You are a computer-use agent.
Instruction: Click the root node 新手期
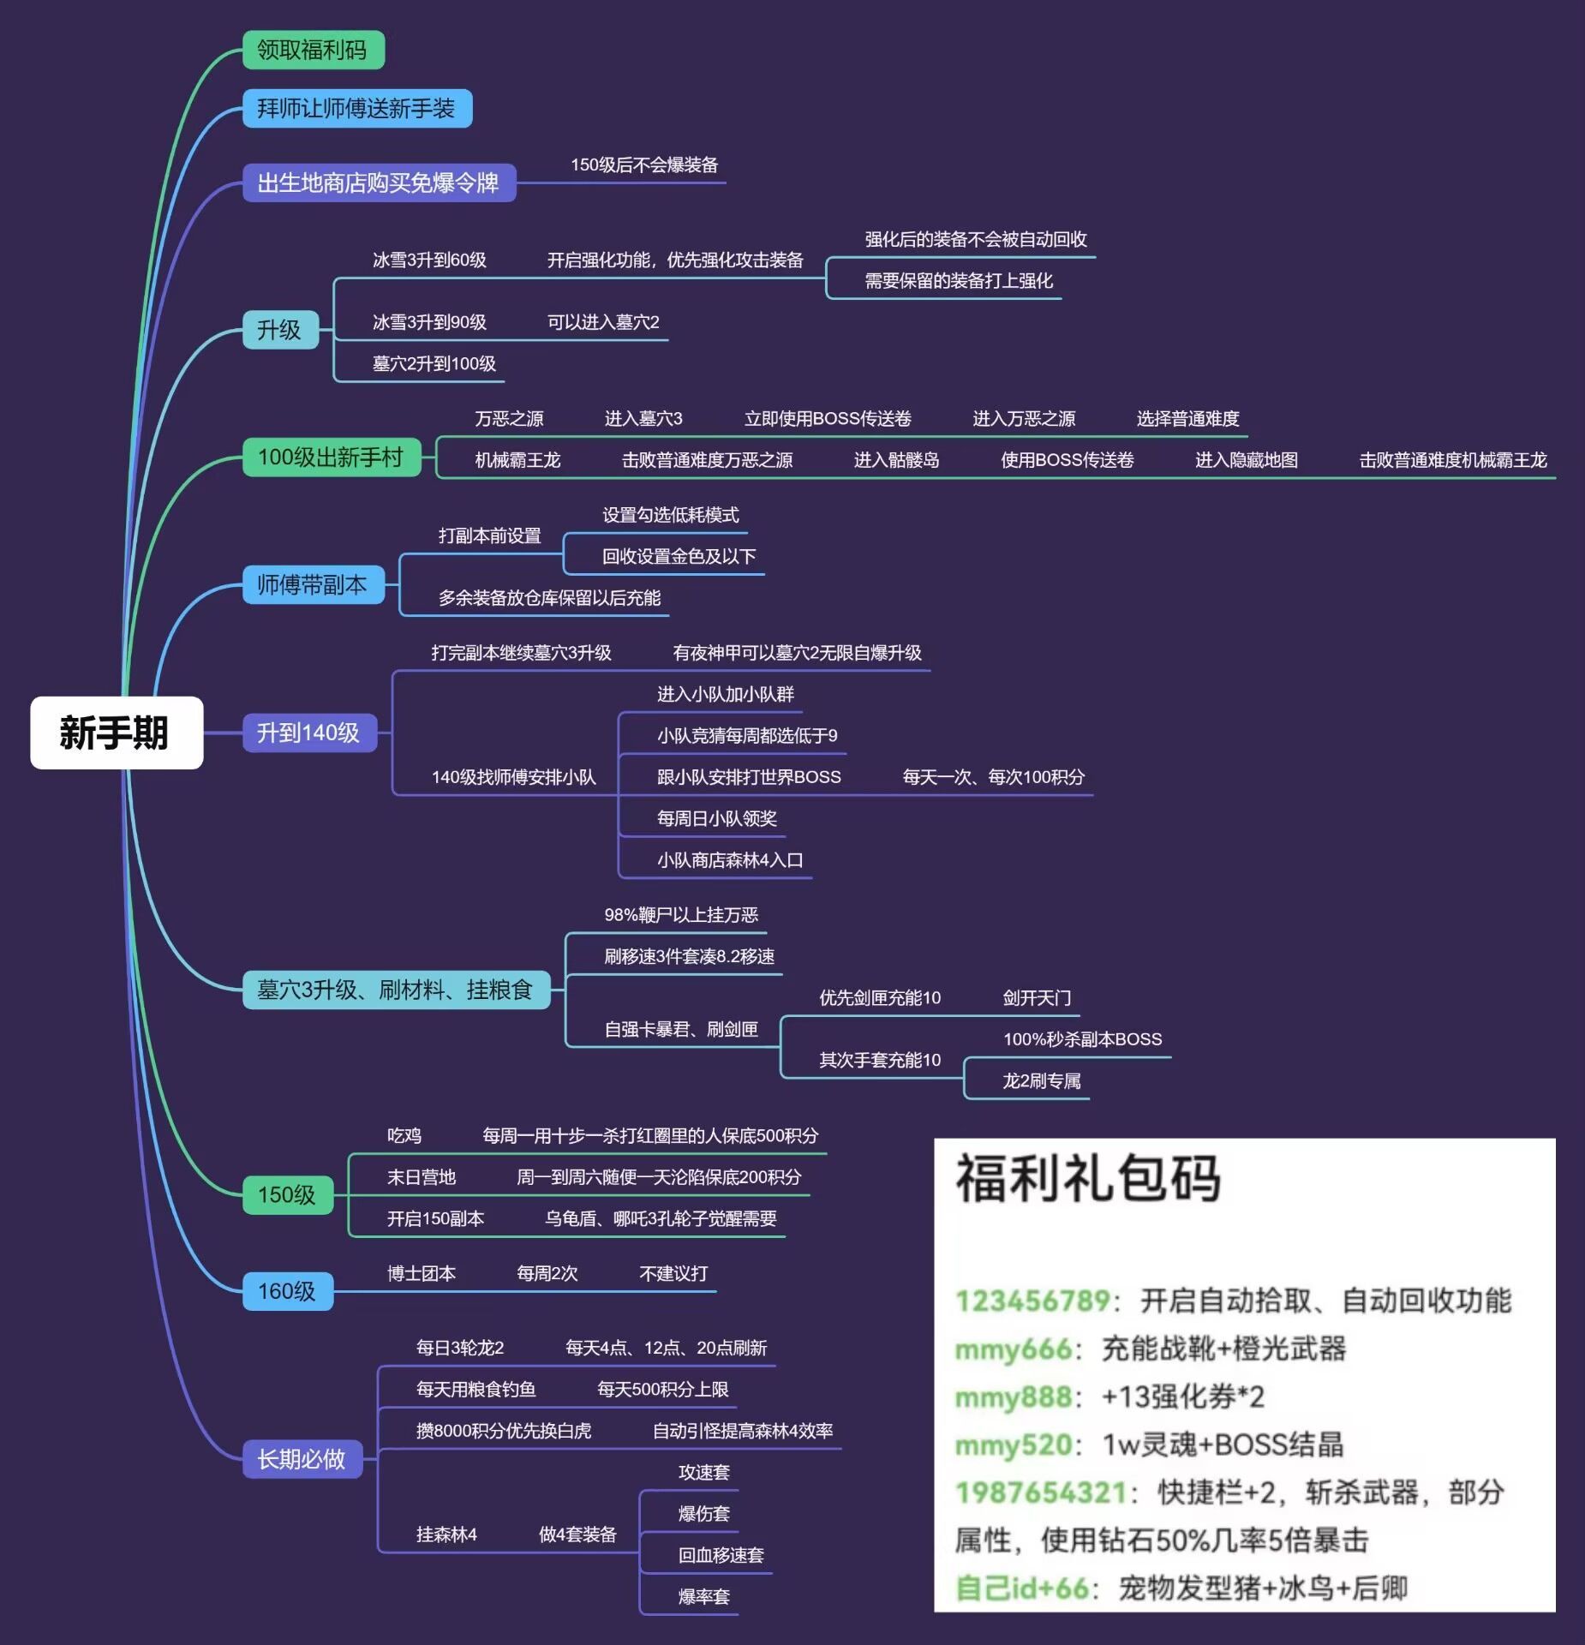pos(117,733)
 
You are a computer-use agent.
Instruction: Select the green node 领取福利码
pos(314,50)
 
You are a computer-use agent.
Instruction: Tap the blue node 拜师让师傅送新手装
pos(357,108)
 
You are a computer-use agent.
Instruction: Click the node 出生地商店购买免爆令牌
pos(379,182)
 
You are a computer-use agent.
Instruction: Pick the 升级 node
pos(280,329)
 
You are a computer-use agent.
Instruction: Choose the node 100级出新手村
pos(332,457)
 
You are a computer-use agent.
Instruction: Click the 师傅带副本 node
pos(314,584)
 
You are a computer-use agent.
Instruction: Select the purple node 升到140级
pos(309,733)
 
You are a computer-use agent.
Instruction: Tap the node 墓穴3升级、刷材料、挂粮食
pos(396,990)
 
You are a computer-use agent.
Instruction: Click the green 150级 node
pos(288,1194)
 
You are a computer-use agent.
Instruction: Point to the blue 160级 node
pos(288,1290)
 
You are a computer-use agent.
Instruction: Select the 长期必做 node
pos(302,1458)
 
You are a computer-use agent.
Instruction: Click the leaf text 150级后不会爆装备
pos(644,164)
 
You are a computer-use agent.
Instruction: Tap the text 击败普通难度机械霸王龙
pos(1453,460)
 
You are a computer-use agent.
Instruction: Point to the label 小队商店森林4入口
pos(730,859)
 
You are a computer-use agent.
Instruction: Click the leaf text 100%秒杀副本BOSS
pos(1083,1039)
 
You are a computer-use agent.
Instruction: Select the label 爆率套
pos(704,1596)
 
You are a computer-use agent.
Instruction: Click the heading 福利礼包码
pos(1088,1178)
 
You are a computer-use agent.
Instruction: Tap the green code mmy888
pos(1014,1397)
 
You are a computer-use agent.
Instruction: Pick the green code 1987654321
pos(1041,1492)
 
